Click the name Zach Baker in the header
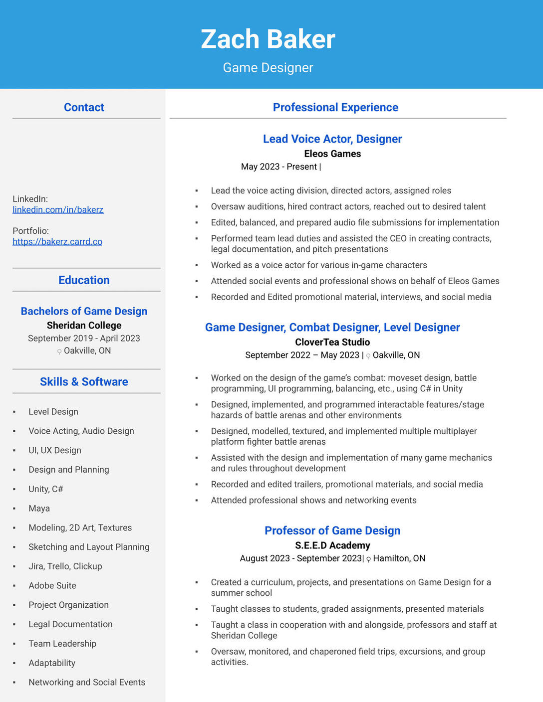coord(268,39)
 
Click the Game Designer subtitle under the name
coord(268,68)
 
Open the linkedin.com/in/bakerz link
coord(58,210)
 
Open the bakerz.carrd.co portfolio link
coord(57,242)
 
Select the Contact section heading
coord(84,107)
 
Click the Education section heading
coord(84,280)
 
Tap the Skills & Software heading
coord(84,382)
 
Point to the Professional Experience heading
coord(335,107)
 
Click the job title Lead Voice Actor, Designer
coord(332,139)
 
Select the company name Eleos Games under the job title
coord(332,154)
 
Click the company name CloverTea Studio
coord(332,343)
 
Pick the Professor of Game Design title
coord(332,531)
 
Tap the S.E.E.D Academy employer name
coord(332,546)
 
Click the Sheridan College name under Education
coord(84,326)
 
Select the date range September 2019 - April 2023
coord(84,339)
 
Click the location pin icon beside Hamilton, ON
coord(369,559)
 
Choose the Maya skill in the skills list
coord(39,509)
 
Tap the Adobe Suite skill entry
coord(52,586)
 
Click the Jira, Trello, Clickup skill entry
coord(65,566)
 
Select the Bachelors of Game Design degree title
coord(84,312)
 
